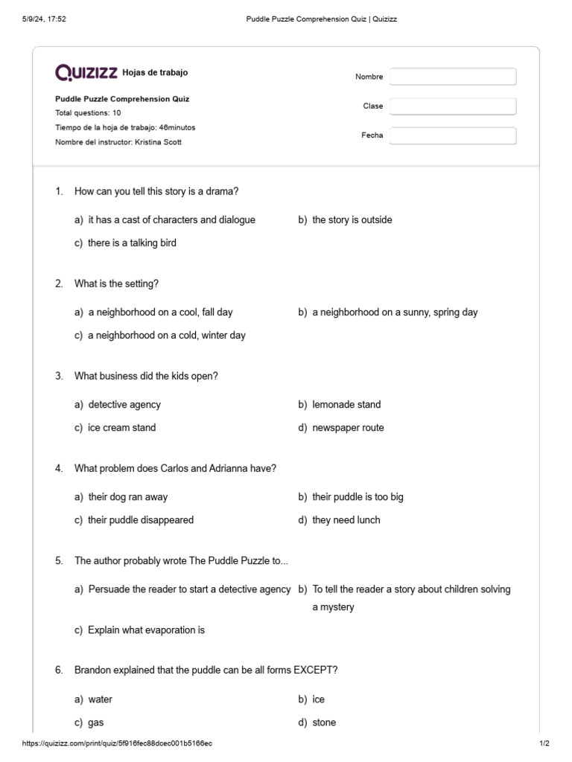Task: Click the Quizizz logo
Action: click(x=86, y=73)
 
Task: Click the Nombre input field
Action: click(x=452, y=77)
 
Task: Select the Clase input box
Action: click(x=452, y=106)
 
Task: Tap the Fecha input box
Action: click(x=452, y=135)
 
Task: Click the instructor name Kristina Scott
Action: click(x=158, y=142)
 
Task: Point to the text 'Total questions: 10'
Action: click(x=88, y=113)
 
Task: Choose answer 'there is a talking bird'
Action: click(x=132, y=243)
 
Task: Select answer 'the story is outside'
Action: click(x=352, y=220)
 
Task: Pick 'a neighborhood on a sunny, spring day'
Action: click(x=395, y=313)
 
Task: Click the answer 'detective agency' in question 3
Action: click(x=124, y=405)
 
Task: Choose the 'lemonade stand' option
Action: click(x=346, y=405)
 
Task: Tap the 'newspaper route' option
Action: click(x=348, y=428)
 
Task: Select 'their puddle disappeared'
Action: click(x=141, y=520)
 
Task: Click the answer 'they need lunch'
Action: click(x=346, y=520)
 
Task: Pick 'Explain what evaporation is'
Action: click(x=146, y=630)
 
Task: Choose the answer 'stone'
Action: click(x=324, y=723)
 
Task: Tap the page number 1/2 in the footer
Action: click(x=544, y=743)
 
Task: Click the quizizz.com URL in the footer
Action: click(x=117, y=743)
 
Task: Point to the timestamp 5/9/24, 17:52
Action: click(x=45, y=19)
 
